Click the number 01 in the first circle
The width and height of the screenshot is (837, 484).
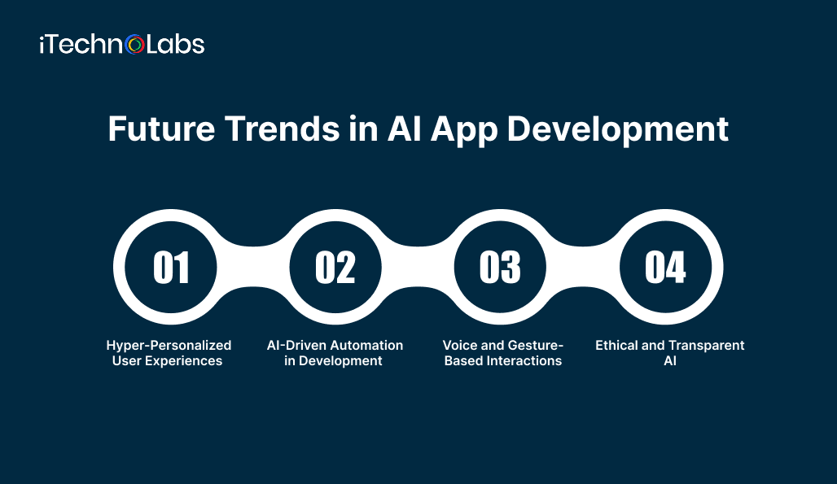click(x=171, y=268)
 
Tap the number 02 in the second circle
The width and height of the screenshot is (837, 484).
click(x=335, y=268)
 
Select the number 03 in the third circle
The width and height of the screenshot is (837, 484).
click(x=500, y=268)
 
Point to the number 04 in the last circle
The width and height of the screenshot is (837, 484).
click(x=665, y=268)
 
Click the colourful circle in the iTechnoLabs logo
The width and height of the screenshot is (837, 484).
click(x=135, y=45)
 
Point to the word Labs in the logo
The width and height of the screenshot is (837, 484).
click(x=175, y=44)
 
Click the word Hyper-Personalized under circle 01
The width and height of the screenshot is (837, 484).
click(x=169, y=345)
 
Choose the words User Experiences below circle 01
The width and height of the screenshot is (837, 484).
click(x=167, y=360)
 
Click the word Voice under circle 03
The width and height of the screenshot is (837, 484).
click(x=460, y=345)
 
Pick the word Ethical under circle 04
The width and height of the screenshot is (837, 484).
click(x=618, y=345)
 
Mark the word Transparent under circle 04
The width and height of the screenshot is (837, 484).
click(x=706, y=345)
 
